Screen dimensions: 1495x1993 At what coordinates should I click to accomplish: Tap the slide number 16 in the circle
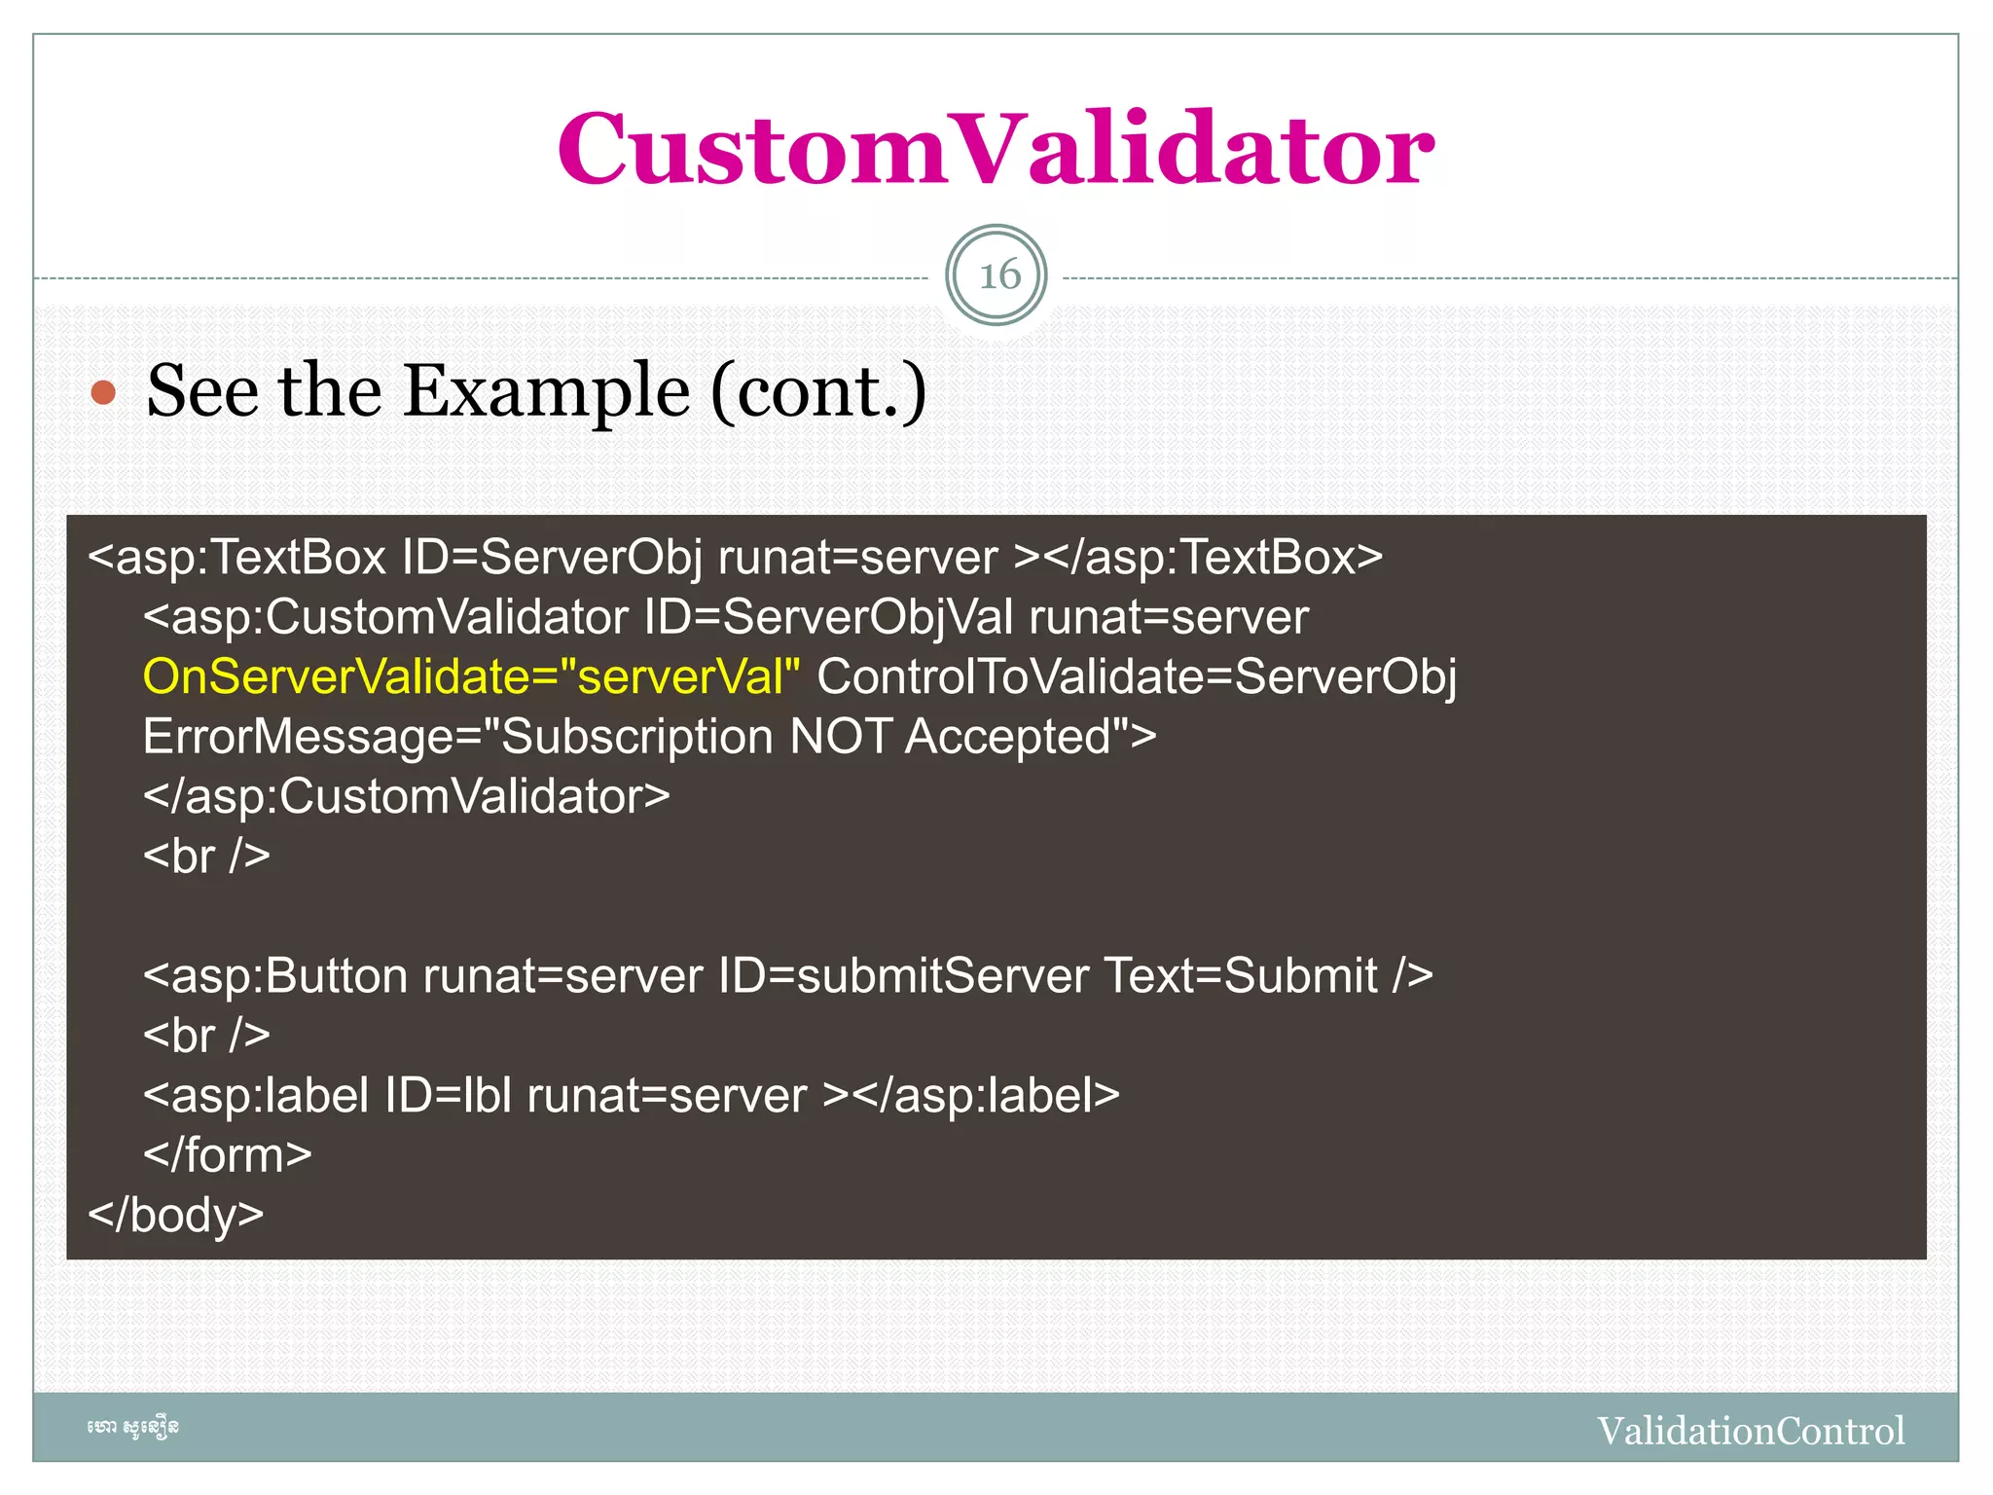(997, 275)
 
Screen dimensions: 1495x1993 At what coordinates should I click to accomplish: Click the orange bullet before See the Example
(103, 393)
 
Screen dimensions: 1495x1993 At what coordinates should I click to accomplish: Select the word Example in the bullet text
(547, 391)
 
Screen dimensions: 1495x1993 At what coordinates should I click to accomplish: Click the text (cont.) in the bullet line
(819, 391)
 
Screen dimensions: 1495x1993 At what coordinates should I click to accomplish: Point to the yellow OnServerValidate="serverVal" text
(471, 676)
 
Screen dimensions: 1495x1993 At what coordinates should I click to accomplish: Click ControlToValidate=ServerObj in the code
(1136, 676)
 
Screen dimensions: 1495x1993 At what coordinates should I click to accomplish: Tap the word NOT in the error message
(840, 737)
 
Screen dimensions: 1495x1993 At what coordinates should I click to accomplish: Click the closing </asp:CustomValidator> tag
(406, 796)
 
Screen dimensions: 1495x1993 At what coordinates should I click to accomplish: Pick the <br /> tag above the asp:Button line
(206, 857)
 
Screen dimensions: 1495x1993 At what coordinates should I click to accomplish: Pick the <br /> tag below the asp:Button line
(206, 1036)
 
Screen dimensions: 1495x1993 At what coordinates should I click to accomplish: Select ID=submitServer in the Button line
(903, 976)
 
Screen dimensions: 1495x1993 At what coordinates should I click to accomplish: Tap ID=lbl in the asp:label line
(448, 1096)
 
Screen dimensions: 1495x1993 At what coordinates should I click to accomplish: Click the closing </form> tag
(227, 1155)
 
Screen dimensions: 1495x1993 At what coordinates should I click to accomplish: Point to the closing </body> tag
(176, 1215)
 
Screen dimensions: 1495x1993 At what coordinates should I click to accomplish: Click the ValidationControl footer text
(1751, 1431)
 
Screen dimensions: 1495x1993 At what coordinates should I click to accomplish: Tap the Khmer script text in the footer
(132, 1428)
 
